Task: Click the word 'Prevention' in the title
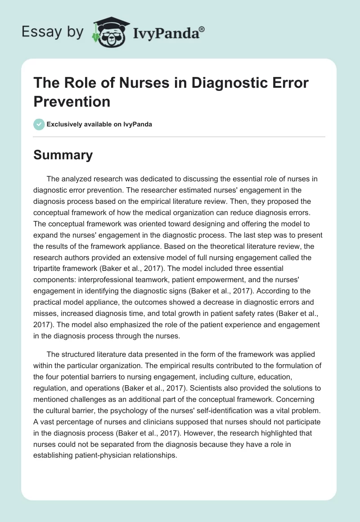pyautogui.click(x=72, y=101)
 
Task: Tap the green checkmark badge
pyautogui.click(x=39, y=124)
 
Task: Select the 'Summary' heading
pyautogui.click(x=63, y=155)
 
